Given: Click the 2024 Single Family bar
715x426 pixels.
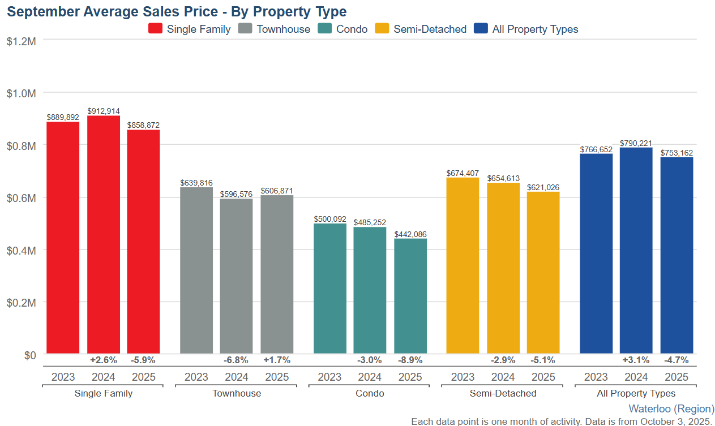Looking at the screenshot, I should click(104, 235).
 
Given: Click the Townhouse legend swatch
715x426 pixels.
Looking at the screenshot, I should click(246, 29).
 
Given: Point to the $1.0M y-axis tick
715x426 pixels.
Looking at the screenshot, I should click(22, 93).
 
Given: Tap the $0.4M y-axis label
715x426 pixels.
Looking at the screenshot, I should click(22, 250).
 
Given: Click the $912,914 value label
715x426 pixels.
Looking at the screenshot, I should click(104, 111).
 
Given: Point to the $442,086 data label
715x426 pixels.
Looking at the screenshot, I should click(410, 234).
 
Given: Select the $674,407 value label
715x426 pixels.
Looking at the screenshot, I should click(463, 173).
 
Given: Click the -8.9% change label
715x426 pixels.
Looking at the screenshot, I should click(410, 360).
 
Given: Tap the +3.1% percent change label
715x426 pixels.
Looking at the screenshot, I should click(636, 360).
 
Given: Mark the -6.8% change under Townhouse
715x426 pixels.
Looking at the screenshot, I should click(236, 360).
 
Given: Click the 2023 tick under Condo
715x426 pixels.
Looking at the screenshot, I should click(329, 377).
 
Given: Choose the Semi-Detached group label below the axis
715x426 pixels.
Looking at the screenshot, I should click(503, 393).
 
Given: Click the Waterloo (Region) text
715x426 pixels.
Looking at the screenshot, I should click(671, 408).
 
